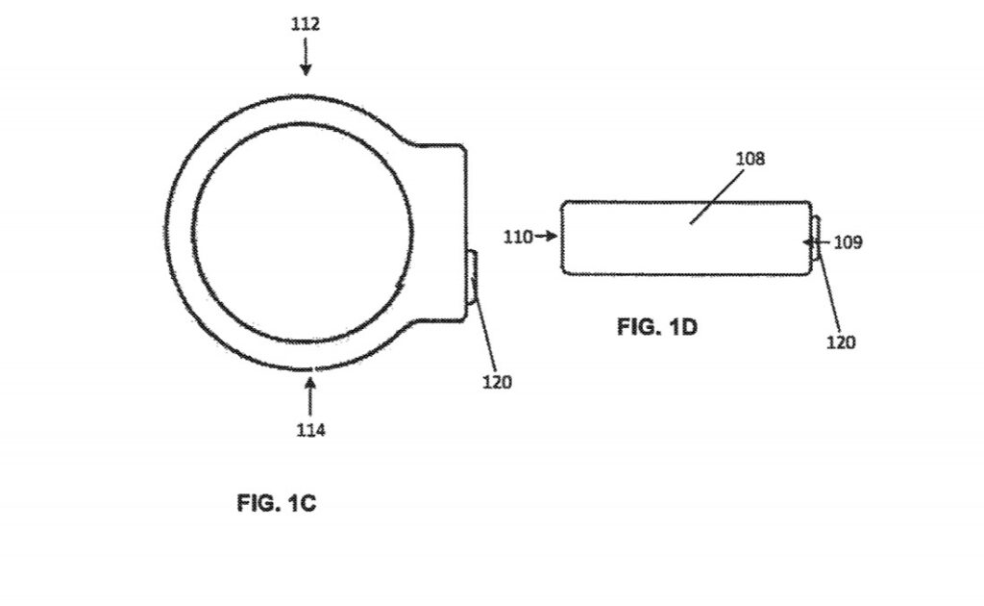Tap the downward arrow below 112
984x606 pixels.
click(306, 60)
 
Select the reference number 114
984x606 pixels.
click(309, 430)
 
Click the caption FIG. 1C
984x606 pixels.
click(276, 503)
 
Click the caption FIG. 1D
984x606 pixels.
click(656, 327)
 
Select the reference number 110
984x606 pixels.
click(518, 236)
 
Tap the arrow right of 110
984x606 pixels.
click(547, 236)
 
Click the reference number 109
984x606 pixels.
click(847, 242)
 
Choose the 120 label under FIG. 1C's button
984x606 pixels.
click(497, 382)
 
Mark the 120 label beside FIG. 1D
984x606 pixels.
click(840, 341)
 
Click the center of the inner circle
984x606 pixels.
click(304, 231)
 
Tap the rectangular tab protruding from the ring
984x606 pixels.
click(444, 231)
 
